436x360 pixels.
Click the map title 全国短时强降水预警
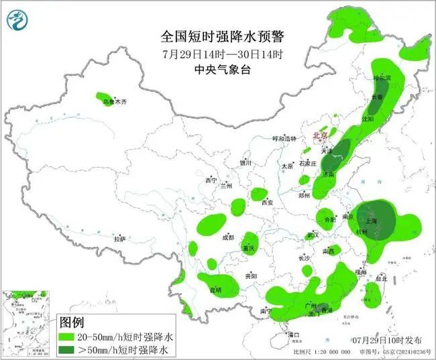tap(218, 36)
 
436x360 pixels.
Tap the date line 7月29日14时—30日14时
tap(218, 53)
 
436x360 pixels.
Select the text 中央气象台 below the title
tap(218, 68)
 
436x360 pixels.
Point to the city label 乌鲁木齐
tap(114, 102)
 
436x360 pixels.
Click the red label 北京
tap(321, 136)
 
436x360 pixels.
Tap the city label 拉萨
tap(119, 239)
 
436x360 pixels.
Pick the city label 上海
tap(369, 221)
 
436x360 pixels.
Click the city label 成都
tap(228, 237)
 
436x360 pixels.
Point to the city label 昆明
tap(215, 290)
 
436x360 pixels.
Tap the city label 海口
tap(292, 334)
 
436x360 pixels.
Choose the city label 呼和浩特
tap(283, 139)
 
